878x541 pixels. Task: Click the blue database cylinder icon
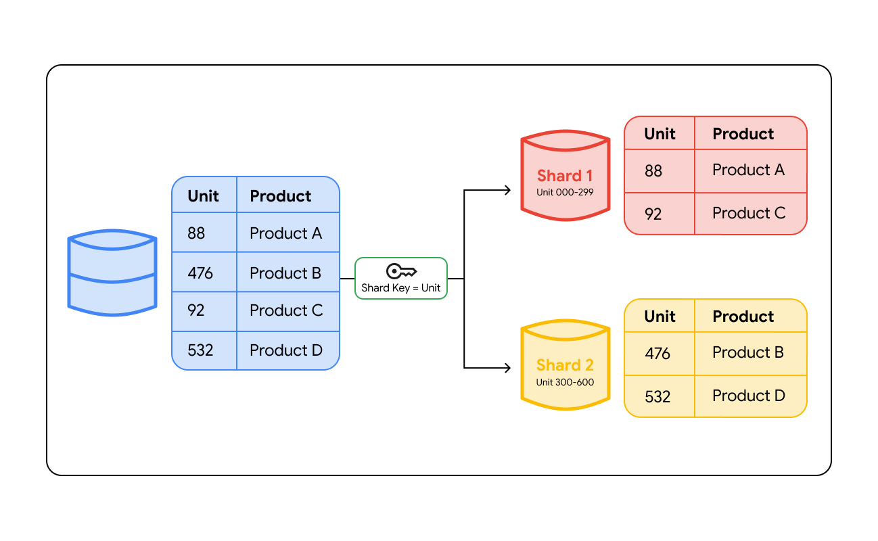[112, 273]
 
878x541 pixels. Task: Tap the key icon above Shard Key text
[401, 272]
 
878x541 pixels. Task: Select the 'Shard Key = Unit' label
[401, 288]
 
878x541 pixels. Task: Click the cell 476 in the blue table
[200, 273]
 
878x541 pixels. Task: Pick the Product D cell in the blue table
[286, 350]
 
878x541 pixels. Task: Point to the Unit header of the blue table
[203, 196]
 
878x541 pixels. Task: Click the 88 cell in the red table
[653, 170]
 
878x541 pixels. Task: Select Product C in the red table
[749, 213]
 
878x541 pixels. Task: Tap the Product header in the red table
[743, 134]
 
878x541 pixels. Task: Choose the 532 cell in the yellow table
[657, 396]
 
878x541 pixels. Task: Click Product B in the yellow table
[748, 352]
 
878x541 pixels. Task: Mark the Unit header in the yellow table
[660, 316]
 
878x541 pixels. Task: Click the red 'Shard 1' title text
[565, 176]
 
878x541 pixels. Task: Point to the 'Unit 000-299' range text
[565, 192]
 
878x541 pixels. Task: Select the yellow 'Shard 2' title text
[565, 365]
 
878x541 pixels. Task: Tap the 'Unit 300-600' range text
[565, 382]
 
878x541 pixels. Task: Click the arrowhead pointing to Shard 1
[507, 191]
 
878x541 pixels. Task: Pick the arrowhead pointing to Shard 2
[507, 369]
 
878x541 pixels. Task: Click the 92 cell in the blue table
[196, 310]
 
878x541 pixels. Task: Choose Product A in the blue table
[285, 233]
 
